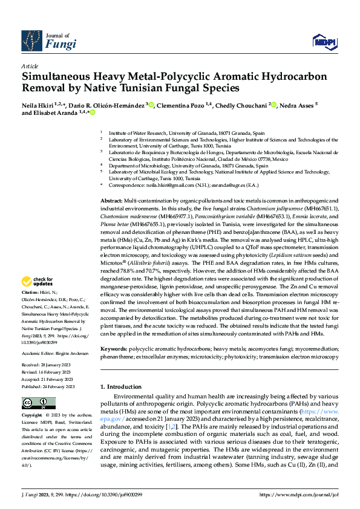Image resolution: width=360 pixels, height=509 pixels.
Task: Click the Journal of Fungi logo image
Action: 31,40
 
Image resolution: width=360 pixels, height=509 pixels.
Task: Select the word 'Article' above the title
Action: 30,66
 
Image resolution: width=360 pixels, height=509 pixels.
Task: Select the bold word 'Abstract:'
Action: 111,200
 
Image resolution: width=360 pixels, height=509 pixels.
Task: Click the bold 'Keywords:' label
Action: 113,349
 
